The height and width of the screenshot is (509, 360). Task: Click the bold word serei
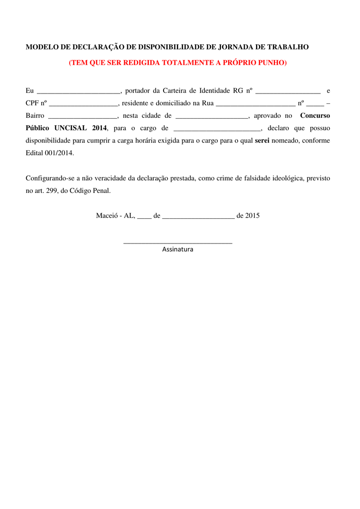[x=262, y=141]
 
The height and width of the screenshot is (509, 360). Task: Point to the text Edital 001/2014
[x=50, y=153]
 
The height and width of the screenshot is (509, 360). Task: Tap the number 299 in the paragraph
[x=52, y=190]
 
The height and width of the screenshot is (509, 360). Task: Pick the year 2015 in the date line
[x=252, y=216]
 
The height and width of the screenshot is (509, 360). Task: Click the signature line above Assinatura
[x=178, y=243]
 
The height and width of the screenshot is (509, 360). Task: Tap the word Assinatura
[x=178, y=250]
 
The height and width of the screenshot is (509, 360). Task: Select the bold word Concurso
[x=315, y=116]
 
